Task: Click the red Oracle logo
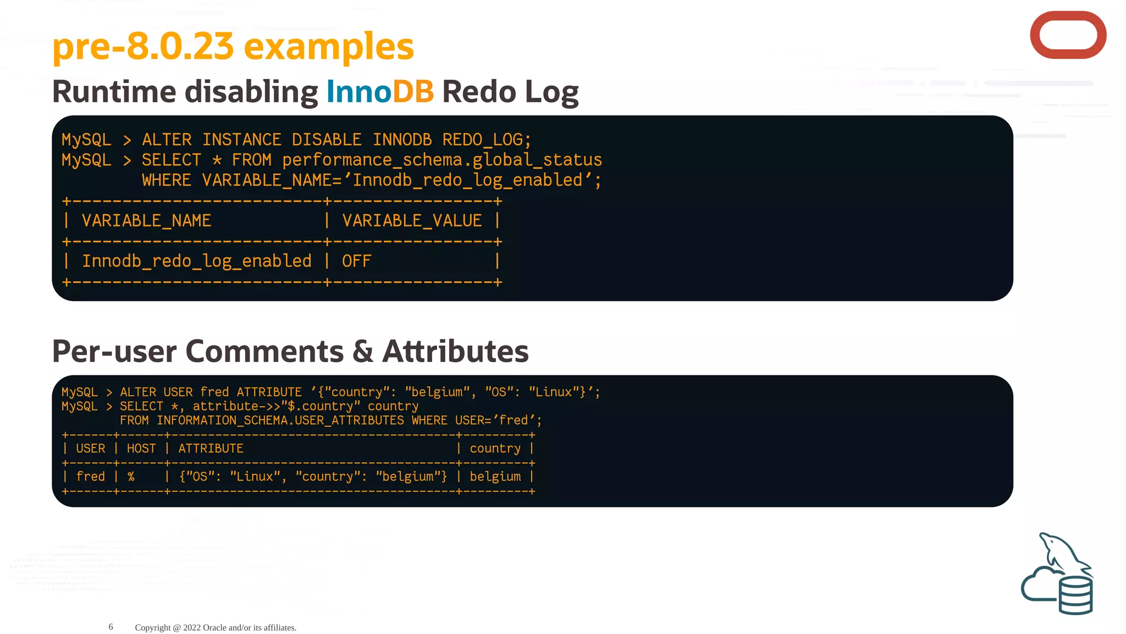[x=1068, y=35]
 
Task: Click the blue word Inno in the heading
[x=358, y=91]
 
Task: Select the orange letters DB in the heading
[x=413, y=91]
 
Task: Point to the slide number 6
[x=111, y=627]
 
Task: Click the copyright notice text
[x=216, y=627]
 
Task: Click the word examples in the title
[x=328, y=46]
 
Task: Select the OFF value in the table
[x=356, y=261]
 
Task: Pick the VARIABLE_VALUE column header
[x=412, y=221]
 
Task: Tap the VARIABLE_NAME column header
[x=146, y=221]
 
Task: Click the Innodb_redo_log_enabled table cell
[x=197, y=261]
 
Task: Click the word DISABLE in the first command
[x=327, y=140]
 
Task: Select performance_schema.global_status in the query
[x=442, y=160]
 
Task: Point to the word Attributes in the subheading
[x=455, y=351]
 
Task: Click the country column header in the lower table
[x=495, y=449]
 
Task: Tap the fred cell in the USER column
[x=90, y=477]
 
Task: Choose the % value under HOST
[x=131, y=477]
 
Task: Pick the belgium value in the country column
[x=495, y=477]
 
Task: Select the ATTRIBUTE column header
[x=211, y=449]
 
